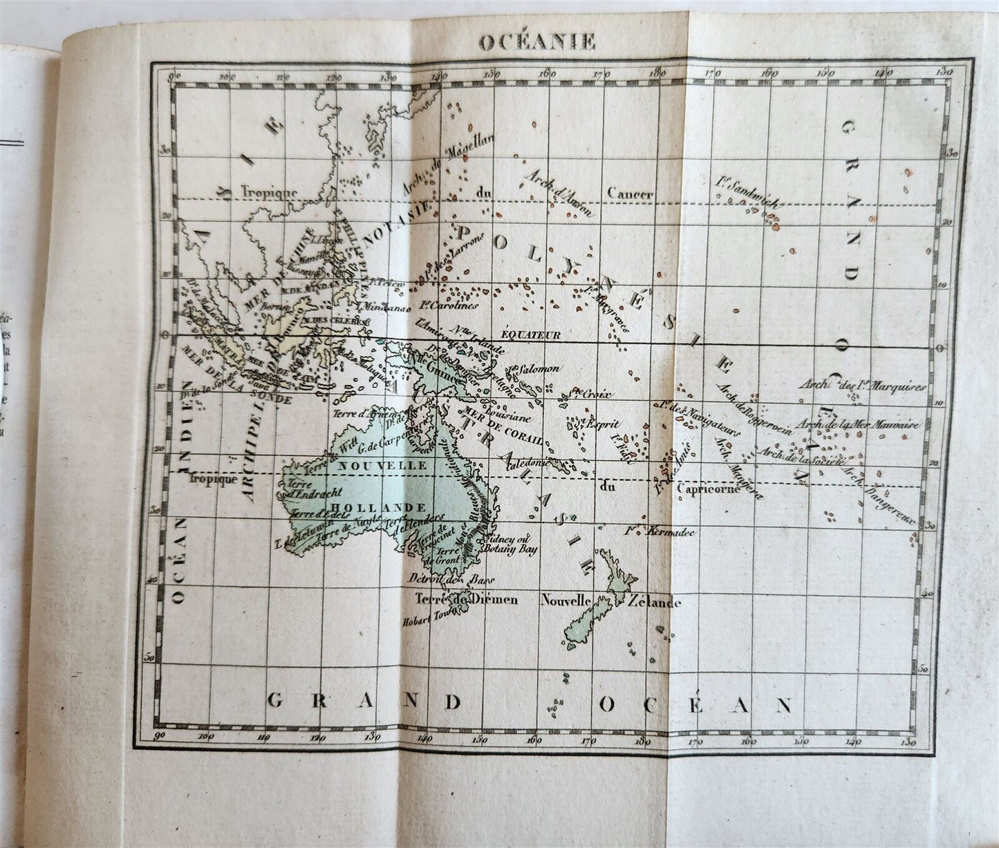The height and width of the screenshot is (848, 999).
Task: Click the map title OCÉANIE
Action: (x=537, y=41)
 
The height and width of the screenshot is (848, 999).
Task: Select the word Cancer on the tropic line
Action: (x=630, y=194)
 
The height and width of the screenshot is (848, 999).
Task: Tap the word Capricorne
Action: (x=709, y=489)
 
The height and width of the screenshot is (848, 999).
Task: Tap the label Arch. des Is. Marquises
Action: (x=873, y=385)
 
